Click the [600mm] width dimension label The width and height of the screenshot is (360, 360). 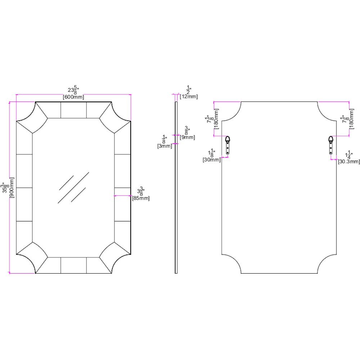73,97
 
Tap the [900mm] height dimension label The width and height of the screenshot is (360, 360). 12,188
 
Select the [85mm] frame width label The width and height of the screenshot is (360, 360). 141,198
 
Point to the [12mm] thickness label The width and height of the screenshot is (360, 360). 189,96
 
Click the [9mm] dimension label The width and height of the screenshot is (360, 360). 187,137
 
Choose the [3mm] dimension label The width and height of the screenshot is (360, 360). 165,146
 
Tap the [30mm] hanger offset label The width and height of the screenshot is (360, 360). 211,159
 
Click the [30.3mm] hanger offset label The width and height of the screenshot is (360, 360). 349,162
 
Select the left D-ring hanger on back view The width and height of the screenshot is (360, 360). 228,145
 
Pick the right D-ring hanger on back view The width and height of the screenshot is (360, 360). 330,145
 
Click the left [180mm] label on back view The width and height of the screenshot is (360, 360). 216,119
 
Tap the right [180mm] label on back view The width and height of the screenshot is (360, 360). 351,119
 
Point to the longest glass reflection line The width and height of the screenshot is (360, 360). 73,188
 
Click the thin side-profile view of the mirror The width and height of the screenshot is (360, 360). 176,188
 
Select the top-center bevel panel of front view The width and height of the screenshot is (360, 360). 73,110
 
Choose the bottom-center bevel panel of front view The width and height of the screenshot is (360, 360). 73,265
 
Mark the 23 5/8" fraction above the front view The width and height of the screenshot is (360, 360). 73,90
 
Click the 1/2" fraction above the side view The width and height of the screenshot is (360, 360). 189,90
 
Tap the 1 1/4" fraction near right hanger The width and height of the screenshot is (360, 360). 349,155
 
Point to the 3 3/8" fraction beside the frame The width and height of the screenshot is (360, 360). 141,191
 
